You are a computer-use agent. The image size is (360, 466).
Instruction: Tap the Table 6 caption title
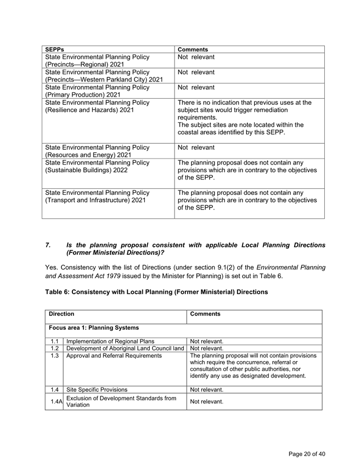tap(156, 292)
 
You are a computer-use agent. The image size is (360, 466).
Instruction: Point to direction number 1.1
tap(54, 341)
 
